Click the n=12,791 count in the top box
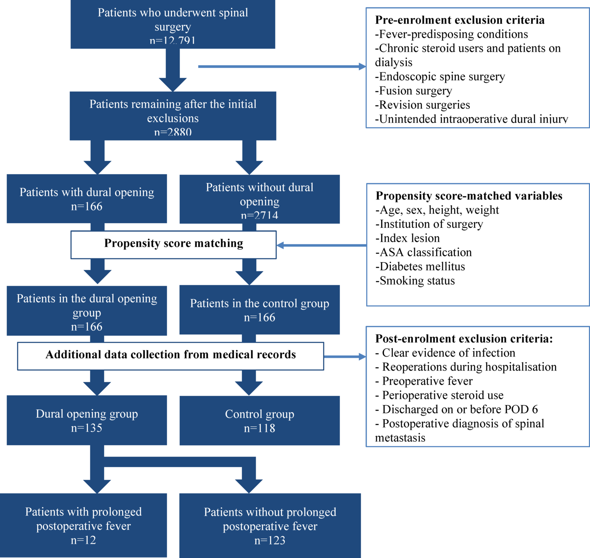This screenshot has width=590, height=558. pyautogui.click(x=173, y=40)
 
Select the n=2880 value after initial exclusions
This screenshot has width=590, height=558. pyautogui.click(x=173, y=132)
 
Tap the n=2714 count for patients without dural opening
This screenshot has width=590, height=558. pyautogui.click(x=259, y=215)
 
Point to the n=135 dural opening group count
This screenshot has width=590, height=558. pyautogui.click(x=87, y=428)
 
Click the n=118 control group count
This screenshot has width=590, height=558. pyautogui.click(x=259, y=428)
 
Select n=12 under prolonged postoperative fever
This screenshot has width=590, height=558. pyautogui.click(x=83, y=540)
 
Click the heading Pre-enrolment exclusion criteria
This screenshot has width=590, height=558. pyautogui.click(x=460, y=20)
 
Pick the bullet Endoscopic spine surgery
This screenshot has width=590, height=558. pyautogui.click(x=440, y=77)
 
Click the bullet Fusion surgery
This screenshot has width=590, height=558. pyautogui.click(x=413, y=91)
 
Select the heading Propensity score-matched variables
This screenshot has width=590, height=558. pyautogui.click(x=469, y=196)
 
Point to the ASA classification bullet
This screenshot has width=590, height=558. pyautogui.click(x=423, y=252)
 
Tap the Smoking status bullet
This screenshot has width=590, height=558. pyautogui.click(x=415, y=281)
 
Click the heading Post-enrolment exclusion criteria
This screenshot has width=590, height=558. pyautogui.click(x=464, y=338)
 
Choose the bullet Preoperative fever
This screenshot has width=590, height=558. pyautogui.click(x=424, y=381)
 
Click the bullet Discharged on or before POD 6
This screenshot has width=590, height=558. pyautogui.click(x=456, y=409)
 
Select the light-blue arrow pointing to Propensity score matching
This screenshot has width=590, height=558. pyautogui.click(x=321, y=245)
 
